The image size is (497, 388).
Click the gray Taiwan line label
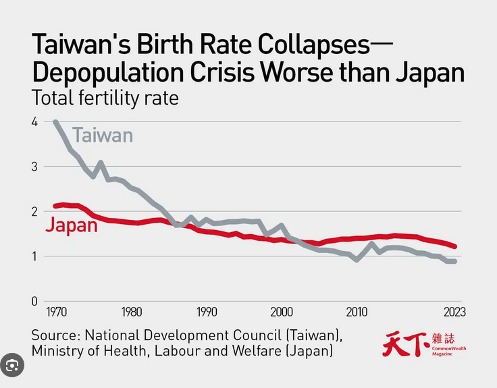pyautogui.click(x=103, y=135)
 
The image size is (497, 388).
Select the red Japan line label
pyautogui.click(x=72, y=225)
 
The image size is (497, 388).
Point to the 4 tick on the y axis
pyautogui.click(x=34, y=121)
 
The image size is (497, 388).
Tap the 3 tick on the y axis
pyautogui.click(x=34, y=167)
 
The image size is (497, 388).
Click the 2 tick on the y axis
pyautogui.click(x=34, y=211)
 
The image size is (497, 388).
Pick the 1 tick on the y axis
pyautogui.click(x=34, y=256)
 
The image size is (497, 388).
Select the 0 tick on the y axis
pyautogui.click(x=34, y=301)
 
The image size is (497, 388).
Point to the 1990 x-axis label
pyautogui.click(x=207, y=312)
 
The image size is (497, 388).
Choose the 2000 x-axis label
pyautogui.click(x=282, y=312)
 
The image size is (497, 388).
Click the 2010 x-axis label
pyautogui.click(x=357, y=312)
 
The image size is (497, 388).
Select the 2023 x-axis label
pyautogui.click(x=454, y=312)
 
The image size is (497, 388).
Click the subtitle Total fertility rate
pyautogui.click(x=105, y=98)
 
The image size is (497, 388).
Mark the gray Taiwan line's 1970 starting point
pyautogui.click(x=55, y=122)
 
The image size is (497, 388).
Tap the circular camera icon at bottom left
pyautogui.click(x=11, y=365)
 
